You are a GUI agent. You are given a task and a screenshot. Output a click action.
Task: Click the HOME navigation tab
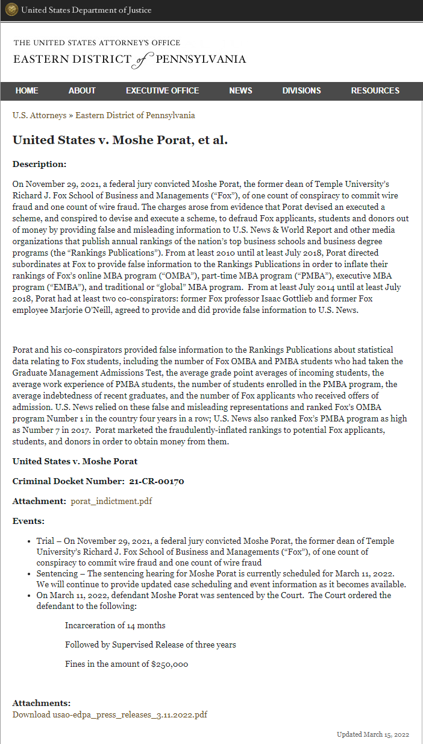click(x=27, y=90)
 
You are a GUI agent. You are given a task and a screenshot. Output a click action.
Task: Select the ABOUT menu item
click(x=82, y=90)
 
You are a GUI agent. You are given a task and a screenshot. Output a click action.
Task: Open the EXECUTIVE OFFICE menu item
click(x=162, y=90)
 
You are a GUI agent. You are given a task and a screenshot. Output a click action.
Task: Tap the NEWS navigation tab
click(x=240, y=90)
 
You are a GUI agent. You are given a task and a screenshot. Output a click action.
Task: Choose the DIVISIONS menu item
click(x=301, y=90)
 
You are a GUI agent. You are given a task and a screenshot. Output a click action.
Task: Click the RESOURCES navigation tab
click(x=375, y=90)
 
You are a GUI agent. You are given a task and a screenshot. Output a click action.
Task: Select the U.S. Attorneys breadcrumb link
click(x=39, y=115)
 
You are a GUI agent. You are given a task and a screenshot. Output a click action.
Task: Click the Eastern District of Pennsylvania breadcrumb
click(x=135, y=115)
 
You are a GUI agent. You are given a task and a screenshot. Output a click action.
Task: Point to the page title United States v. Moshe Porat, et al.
click(x=120, y=140)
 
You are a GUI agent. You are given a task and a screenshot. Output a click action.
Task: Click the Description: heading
click(x=39, y=164)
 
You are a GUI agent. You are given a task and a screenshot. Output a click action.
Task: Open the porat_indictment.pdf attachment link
click(x=111, y=501)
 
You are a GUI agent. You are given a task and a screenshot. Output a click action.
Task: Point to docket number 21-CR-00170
click(x=157, y=481)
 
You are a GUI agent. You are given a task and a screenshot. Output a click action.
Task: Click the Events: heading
click(x=28, y=521)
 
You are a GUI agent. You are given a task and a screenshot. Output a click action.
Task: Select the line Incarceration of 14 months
click(x=115, y=625)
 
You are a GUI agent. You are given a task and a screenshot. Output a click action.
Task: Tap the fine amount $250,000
click(x=170, y=664)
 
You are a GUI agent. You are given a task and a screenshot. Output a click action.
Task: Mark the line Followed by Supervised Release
click(x=150, y=645)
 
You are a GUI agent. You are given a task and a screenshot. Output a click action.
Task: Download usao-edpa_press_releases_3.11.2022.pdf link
click(x=110, y=714)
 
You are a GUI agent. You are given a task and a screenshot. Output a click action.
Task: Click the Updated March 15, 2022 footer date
click(x=373, y=734)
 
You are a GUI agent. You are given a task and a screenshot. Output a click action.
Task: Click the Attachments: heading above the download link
click(x=42, y=703)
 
